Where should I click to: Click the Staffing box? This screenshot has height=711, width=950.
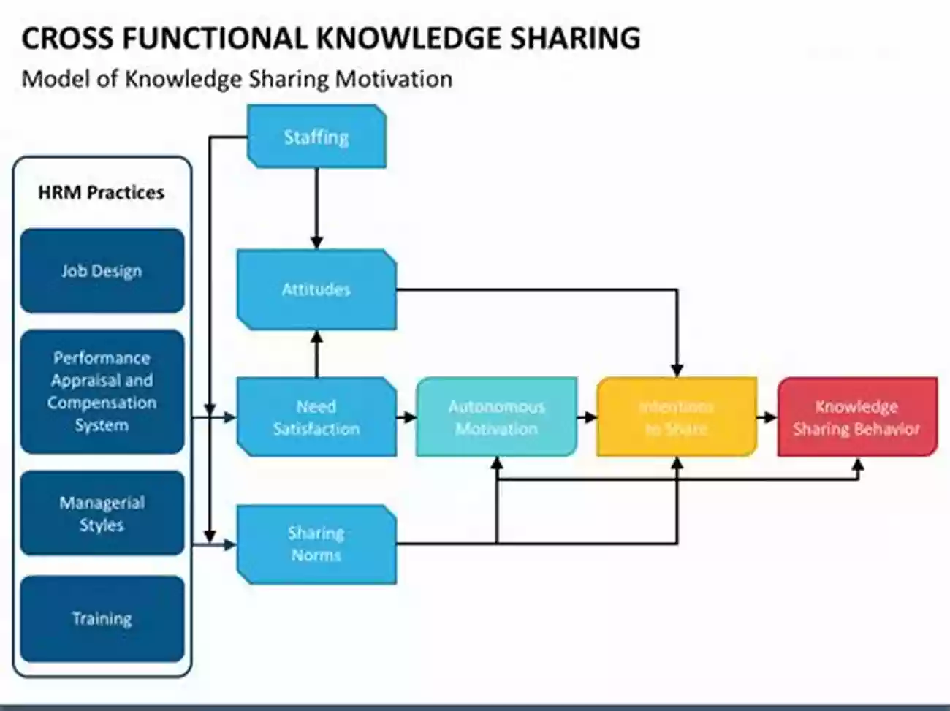point(316,137)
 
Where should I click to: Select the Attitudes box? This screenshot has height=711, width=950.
point(316,289)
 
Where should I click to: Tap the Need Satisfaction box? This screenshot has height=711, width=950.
point(316,417)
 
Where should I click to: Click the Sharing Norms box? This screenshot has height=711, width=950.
point(316,544)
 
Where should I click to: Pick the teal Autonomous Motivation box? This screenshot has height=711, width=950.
point(496,417)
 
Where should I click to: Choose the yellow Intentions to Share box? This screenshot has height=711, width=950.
point(677,417)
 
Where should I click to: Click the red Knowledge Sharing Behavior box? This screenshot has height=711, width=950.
point(856,417)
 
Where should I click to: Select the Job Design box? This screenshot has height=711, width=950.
point(102,271)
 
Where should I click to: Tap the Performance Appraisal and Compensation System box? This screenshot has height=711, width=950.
point(102,392)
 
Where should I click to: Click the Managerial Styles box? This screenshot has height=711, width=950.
point(102,514)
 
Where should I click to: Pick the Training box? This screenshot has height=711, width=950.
point(102,619)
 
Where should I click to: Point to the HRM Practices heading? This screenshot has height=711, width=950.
point(102,193)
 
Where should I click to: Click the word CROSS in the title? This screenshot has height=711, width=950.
point(63,38)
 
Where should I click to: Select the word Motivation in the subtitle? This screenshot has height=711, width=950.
point(394,79)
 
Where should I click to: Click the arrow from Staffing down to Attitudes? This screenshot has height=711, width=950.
point(316,208)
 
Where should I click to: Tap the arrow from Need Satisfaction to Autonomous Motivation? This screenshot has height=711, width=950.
point(406,417)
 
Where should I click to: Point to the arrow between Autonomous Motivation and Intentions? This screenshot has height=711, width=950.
point(587,417)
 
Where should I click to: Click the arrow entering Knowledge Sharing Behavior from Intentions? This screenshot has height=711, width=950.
point(767,417)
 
